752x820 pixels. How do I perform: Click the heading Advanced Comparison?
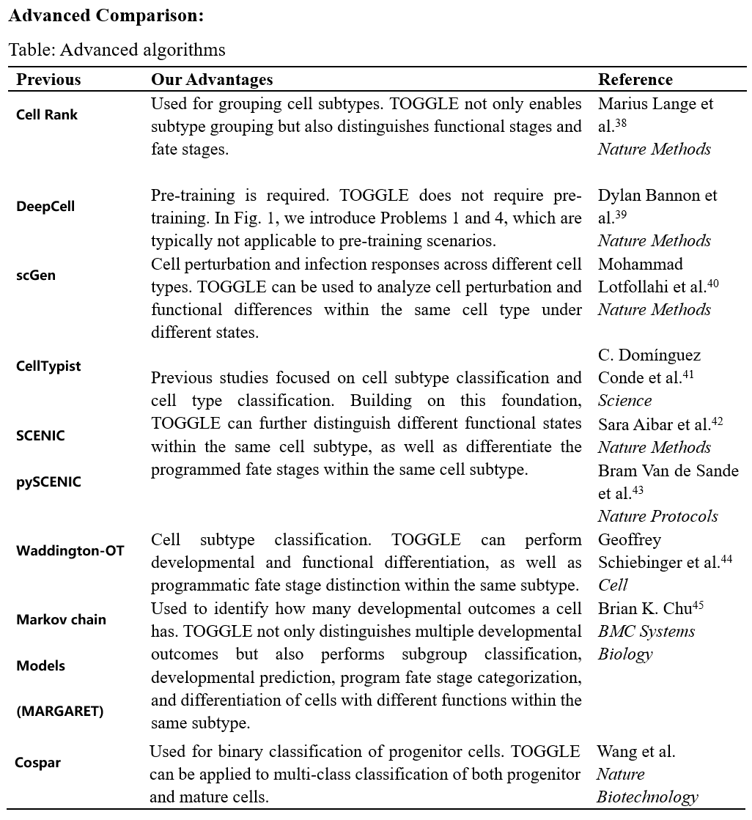click(x=106, y=15)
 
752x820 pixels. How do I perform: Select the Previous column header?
click(x=48, y=79)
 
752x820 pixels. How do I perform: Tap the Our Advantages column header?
click(x=212, y=79)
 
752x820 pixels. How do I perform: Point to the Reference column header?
click(x=635, y=79)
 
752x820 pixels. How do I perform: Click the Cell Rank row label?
click(x=46, y=114)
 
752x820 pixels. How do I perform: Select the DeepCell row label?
click(x=45, y=207)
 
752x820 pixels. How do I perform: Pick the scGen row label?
click(x=36, y=276)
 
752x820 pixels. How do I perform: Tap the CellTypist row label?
click(x=48, y=366)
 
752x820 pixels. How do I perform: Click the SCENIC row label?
click(x=40, y=435)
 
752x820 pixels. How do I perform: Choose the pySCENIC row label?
click(x=48, y=482)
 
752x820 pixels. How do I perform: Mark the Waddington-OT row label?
click(x=70, y=550)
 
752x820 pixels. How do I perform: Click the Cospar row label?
click(x=37, y=762)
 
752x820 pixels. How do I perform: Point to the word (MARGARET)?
click(x=59, y=711)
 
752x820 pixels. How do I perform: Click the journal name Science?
click(x=624, y=401)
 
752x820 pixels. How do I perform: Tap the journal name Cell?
click(x=613, y=585)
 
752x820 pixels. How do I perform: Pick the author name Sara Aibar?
click(x=635, y=424)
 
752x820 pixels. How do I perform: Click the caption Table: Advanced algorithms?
click(x=117, y=50)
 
